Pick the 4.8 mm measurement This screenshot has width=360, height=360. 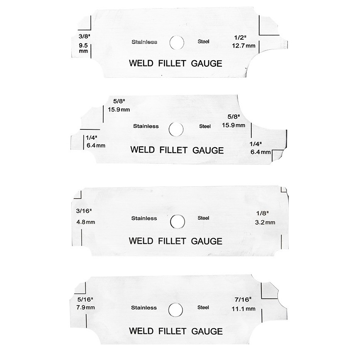(x=86, y=222)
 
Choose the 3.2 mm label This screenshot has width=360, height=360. (x=265, y=222)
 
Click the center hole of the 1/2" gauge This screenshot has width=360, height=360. (x=177, y=42)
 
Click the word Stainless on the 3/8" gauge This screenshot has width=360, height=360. (x=144, y=42)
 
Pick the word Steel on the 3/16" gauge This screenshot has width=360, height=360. (x=204, y=218)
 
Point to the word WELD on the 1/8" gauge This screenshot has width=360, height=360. (x=141, y=241)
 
